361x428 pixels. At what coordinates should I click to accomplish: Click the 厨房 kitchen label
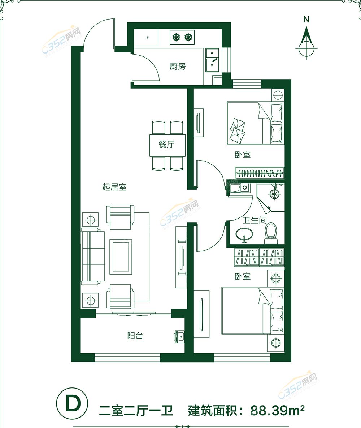click(178, 66)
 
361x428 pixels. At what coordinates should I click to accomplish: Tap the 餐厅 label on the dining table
click(166, 144)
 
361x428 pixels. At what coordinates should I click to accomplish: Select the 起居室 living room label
click(114, 187)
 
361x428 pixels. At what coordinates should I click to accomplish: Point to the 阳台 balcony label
click(135, 335)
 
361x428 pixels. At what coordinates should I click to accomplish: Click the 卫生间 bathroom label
click(255, 220)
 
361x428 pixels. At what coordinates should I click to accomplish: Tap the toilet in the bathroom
click(270, 233)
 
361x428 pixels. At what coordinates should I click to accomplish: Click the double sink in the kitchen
click(212, 60)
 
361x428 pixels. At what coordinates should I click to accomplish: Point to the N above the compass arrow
click(306, 20)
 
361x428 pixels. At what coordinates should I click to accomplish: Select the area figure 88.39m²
click(277, 411)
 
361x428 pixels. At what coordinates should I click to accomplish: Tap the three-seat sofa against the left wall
click(93, 256)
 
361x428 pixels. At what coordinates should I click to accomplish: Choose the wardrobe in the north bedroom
click(260, 173)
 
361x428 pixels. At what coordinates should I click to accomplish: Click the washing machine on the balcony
click(180, 336)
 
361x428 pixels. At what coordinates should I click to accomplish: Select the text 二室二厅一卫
click(136, 411)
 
